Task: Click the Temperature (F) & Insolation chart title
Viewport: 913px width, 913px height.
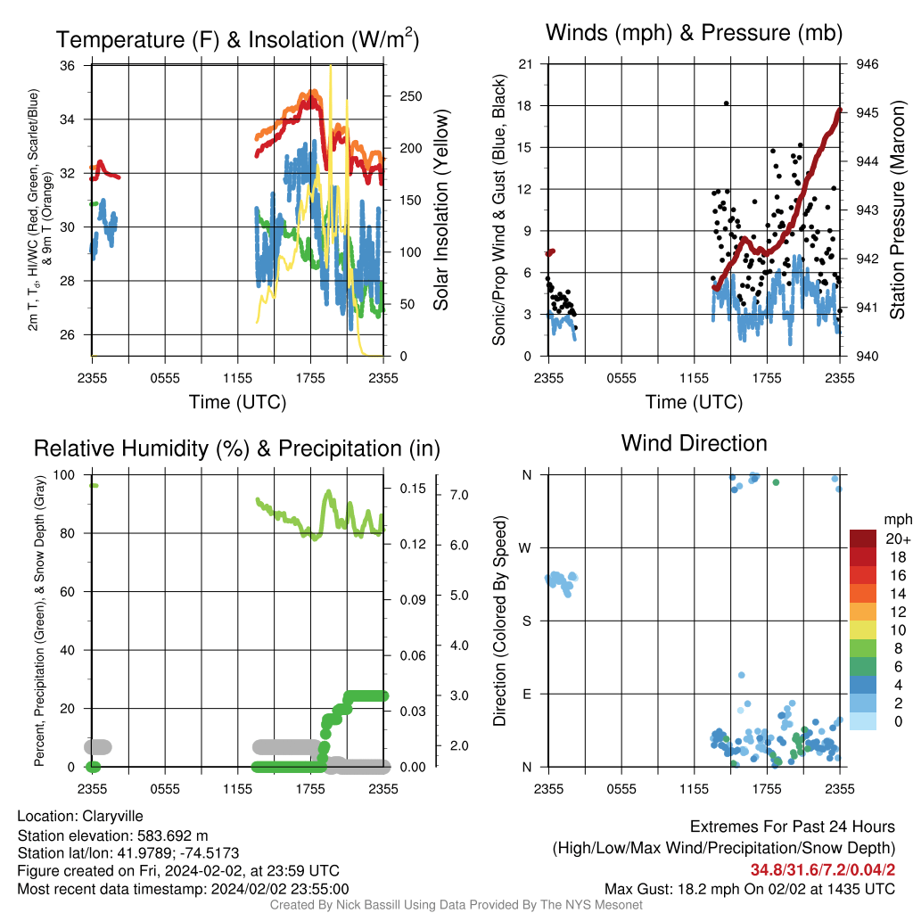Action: [x=237, y=39]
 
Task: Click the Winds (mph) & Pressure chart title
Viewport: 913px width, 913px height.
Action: [x=694, y=33]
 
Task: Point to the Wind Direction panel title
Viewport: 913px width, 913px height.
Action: [x=694, y=443]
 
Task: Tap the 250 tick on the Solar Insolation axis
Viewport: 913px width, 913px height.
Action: [x=410, y=96]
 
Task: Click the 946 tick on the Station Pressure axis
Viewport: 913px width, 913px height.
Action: [x=867, y=64]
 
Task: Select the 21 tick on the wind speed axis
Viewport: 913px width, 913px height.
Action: [x=525, y=64]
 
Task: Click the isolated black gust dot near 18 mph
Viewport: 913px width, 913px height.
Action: [x=726, y=103]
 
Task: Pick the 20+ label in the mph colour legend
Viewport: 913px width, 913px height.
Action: [x=898, y=539]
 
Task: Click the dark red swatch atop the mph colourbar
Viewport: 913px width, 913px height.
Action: [x=863, y=539]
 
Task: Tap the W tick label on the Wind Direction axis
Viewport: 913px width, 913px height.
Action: [x=525, y=548]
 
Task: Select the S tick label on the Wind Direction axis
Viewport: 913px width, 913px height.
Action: [x=526, y=621]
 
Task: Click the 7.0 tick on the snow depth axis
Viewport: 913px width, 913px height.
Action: [x=459, y=495]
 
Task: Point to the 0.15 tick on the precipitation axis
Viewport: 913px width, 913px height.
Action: [x=413, y=489]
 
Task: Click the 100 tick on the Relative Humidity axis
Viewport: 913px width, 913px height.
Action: [x=64, y=474]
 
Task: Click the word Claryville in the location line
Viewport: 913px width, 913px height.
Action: [x=112, y=817]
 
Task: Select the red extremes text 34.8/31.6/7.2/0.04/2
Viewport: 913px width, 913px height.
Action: [x=823, y=869]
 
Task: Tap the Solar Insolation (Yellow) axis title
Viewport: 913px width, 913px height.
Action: [x=441, y=210]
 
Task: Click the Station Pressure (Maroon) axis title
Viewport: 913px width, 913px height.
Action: [x=898, y=210]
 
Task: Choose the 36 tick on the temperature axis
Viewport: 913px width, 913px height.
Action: [x=67, y=66]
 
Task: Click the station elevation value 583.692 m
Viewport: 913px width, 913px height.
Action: [x=172, y=836]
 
